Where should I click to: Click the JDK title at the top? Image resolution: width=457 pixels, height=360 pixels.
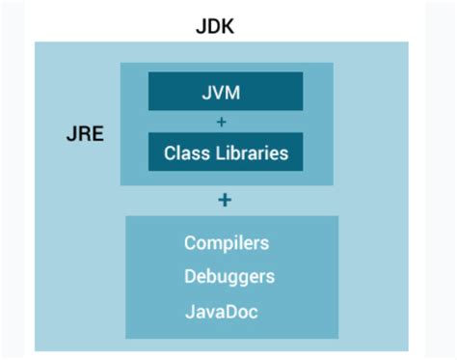[215, 25]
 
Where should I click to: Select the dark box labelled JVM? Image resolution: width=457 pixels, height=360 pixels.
[226, 92]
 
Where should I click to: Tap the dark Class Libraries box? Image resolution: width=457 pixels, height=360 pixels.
[226, 152]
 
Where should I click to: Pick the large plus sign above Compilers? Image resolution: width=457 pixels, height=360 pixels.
[225, 200]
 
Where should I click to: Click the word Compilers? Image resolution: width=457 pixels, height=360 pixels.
[227, 242]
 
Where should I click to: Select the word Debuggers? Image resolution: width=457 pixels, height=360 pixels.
[229, 277]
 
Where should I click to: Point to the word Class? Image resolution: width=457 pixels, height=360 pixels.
[183, 152]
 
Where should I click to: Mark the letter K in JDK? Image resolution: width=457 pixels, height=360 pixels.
[228, 25]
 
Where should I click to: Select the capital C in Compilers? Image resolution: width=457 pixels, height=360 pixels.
[190, 242]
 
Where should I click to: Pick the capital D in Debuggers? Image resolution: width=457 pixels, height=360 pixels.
[190, 277]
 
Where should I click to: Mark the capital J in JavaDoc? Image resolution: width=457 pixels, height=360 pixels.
[188, 313]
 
